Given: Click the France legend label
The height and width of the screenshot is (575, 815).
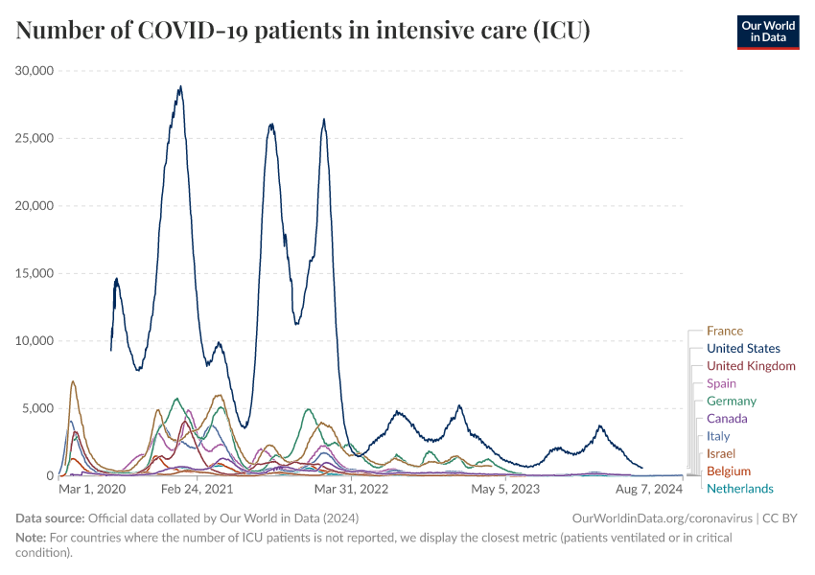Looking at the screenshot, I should (x=724, y=332).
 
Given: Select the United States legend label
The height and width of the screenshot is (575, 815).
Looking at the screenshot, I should (x=743, y=349).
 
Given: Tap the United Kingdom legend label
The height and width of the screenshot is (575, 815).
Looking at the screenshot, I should (x=751, y=366).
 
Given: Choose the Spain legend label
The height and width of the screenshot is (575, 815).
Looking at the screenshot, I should (x=721, y=383).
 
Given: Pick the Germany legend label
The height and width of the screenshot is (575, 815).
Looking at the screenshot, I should (x=731, y=401).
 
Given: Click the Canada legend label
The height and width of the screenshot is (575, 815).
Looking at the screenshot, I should (x=727, y=419).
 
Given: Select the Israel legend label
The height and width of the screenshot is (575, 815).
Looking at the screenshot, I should (x=721, y=453).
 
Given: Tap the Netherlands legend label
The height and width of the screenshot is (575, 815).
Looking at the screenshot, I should (x=739, y=489).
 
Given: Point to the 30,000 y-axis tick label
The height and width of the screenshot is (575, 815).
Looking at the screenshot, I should (x=35, y=71).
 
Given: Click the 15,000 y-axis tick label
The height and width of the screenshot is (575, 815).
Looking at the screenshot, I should (x=35, y=273).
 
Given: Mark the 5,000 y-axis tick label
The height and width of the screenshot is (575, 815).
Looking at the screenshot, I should (x=38, y=408).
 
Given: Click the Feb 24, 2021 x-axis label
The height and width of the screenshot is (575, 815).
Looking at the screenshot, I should (x=197, y=490).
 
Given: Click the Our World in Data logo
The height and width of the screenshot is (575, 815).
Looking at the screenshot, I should (x=768, y=32).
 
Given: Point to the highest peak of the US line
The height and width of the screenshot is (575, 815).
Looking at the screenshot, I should (x=179, y=87).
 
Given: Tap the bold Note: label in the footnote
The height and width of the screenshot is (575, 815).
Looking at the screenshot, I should (x=31, y=539).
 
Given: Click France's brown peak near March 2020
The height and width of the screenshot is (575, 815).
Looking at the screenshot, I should (x=73, y=381).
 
